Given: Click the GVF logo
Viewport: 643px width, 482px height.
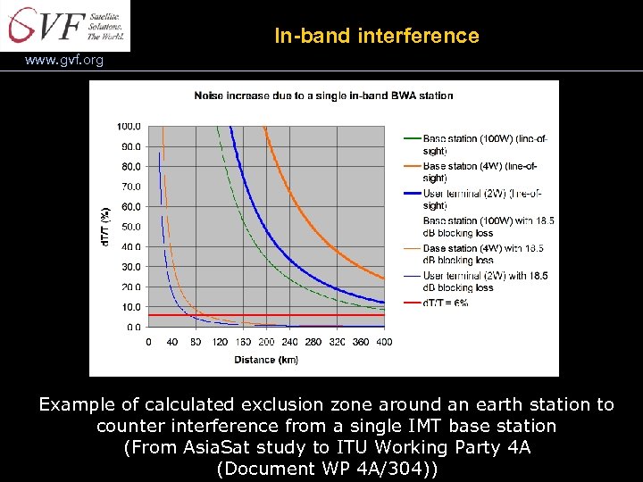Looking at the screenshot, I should (x=65, y=25).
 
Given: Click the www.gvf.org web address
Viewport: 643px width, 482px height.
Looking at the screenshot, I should (x=64, y=61).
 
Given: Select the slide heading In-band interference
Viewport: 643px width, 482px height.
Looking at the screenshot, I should (x=376, y=37).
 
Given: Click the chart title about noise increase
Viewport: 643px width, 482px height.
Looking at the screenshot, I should (x=323, y=96).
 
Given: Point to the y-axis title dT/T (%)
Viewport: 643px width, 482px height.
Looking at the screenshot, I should (x=105, y=227).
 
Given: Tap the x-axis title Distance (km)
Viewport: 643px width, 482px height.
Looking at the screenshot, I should (x=266, y=360).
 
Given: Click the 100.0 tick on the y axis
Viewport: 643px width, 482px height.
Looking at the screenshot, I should (x=129, y=126).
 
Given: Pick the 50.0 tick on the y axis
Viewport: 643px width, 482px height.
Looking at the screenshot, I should (x=130, y=227).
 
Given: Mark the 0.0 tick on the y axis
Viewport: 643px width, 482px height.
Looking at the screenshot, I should (x=132, y=328).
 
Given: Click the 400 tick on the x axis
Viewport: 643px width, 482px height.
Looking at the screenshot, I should (x=384, y=342).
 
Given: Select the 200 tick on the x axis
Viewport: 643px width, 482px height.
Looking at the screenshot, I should (x=266, y=342).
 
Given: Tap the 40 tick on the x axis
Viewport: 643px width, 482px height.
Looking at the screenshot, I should (x=171, y=342).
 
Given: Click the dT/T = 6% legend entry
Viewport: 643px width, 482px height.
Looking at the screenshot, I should (x=447, y=303).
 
